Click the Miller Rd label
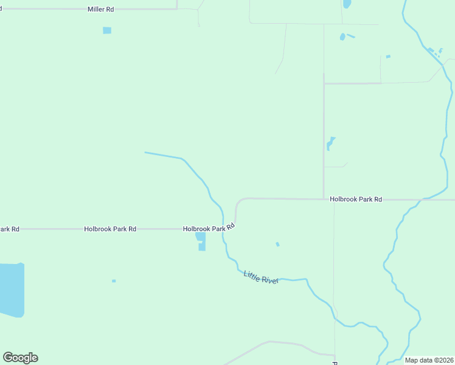(100, 10)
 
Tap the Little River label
(261, 277)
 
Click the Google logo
(20, 358)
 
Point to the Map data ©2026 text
(428, 360)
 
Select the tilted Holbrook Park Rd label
(209, 228)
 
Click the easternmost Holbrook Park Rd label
(356, 199)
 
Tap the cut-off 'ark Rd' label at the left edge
(9, 229)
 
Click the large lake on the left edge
(11, 290)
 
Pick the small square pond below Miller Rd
(107, 30)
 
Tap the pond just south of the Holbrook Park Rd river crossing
(201, 241)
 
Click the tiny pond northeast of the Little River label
(277, 245)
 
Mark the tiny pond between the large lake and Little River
(114, 281)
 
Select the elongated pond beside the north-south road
(330, 144)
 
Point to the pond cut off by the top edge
(347, 4)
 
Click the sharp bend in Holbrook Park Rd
(237, 203)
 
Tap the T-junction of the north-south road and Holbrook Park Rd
(324, 199)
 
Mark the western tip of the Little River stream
(145, 152)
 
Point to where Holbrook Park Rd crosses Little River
(223, 228)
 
